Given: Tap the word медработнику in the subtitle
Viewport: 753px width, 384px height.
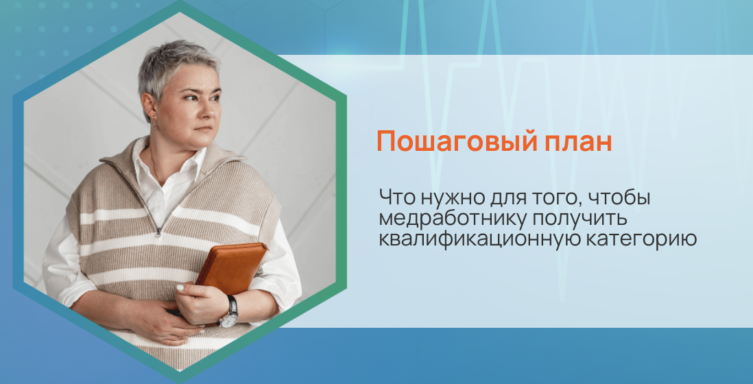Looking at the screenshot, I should [x=450, y=219].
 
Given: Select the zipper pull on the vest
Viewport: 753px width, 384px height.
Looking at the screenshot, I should [x=159, y=232].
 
